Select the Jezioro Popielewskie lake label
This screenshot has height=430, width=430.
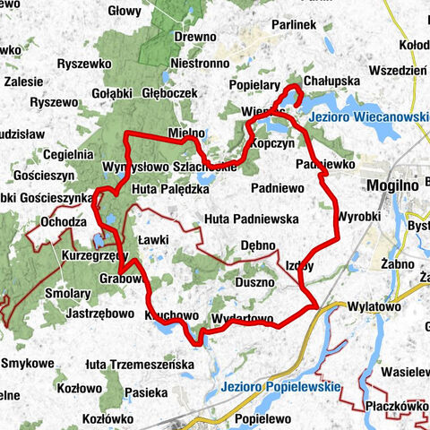[278, 387]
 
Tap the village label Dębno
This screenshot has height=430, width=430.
[259, 245]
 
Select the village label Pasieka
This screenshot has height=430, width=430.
[146, 391]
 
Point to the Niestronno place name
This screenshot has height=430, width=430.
[196, 64]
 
